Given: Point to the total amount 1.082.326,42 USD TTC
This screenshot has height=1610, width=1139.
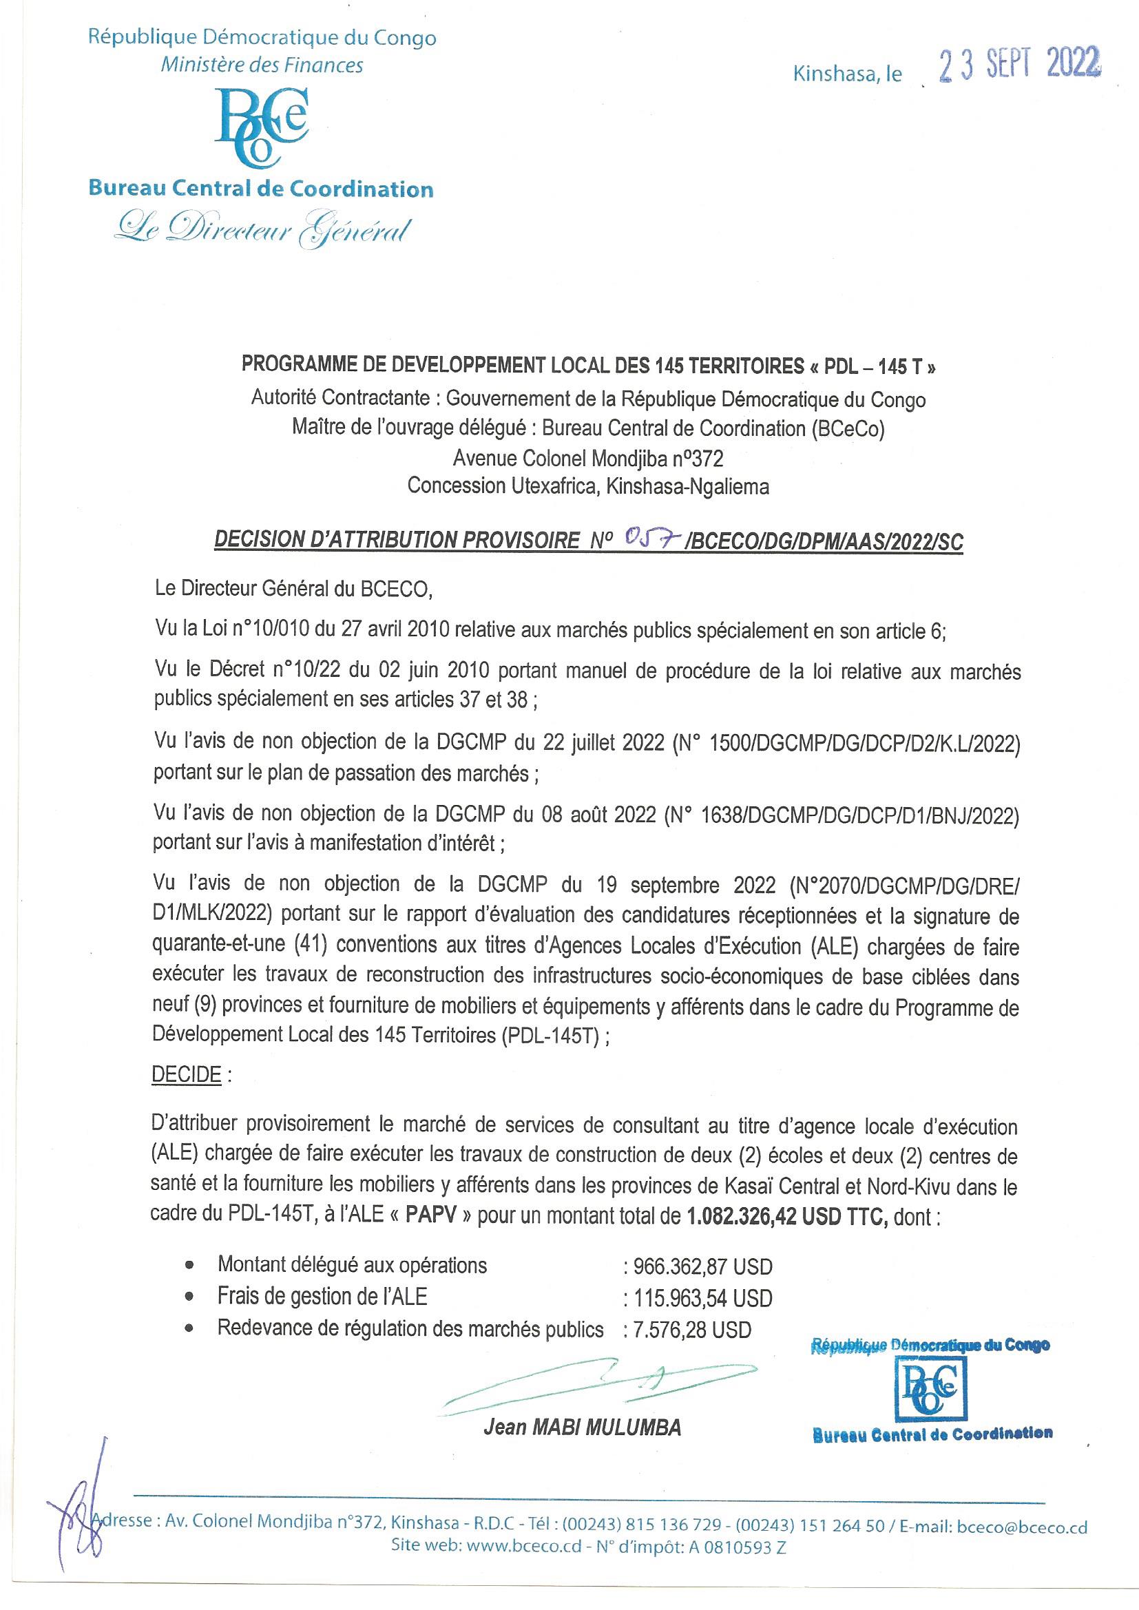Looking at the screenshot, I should tap(780, 1216).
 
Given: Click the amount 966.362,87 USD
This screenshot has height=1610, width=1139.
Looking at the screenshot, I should tap(702, 1266).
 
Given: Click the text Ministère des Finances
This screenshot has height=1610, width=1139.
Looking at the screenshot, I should tap(262, 65).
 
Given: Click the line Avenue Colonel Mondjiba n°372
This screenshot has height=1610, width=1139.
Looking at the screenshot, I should tap(587, 459).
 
